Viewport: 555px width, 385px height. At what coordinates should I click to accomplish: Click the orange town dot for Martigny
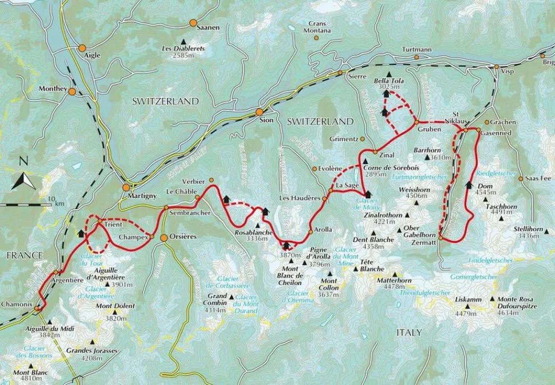tap(126, 188)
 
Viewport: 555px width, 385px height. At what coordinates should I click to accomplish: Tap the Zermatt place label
tap(425, 237)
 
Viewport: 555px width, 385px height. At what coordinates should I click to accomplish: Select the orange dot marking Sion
tap(259, 112)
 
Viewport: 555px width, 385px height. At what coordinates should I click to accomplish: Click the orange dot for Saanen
tap(193, 23)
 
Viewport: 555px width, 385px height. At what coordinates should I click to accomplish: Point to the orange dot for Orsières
tap(164, 238)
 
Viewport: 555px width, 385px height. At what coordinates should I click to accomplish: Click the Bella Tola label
tap(389, 80)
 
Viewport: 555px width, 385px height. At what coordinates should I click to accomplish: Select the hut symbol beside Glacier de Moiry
tap(367, 194)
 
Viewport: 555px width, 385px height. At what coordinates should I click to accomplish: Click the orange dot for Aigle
tap(82, 48)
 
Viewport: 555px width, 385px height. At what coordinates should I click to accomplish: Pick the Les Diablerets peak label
tap(183, 49)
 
